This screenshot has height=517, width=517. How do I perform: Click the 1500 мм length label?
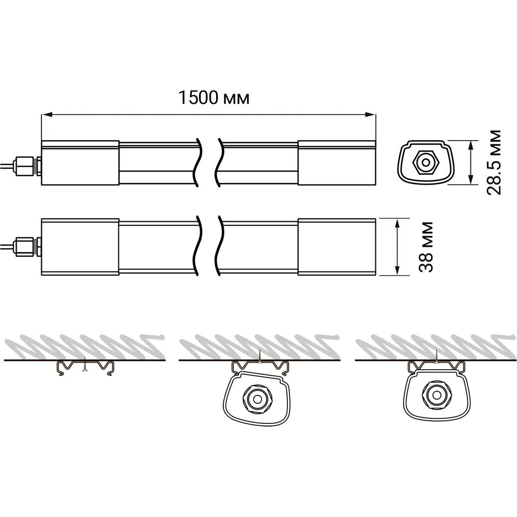point(214,98)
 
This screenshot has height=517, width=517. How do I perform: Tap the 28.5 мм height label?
point(494,162)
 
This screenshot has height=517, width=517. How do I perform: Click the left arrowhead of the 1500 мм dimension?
point(48,115)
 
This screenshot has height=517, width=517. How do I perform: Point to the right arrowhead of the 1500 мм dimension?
point(370,115)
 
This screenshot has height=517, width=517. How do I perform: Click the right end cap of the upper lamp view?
point(337,162)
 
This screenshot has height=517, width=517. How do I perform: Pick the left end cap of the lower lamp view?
point(80,247)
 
